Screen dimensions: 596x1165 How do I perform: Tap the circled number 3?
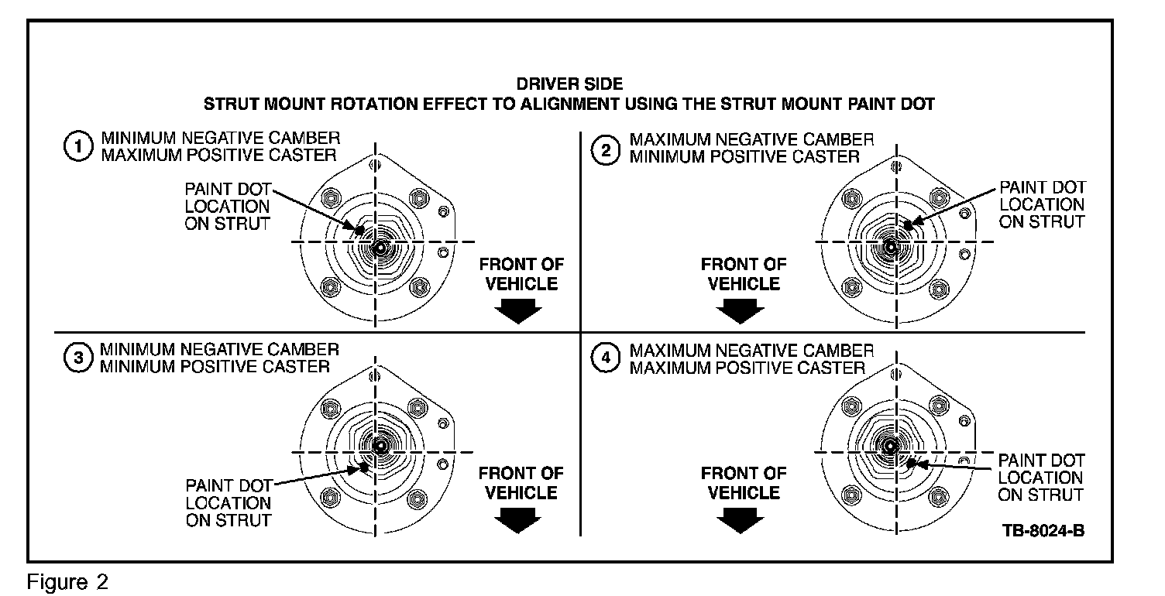click(x=76, y=358)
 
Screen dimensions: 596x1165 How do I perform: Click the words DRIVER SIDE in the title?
click(x=569, y=84)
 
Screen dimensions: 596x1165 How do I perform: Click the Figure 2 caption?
click(x=68, y=581)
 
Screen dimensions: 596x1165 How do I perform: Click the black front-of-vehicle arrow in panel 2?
click(x=740, y=310)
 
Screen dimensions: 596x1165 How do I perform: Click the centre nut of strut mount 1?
click(x=379, y=247)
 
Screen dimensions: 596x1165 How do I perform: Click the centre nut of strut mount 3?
click(x=380, y=446)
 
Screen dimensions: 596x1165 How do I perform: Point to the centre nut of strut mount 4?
click(x=889, y=446)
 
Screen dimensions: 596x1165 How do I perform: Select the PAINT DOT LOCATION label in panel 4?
click(x=1040, y=478)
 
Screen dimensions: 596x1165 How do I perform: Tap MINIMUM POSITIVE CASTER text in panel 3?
click(x=215, y=365)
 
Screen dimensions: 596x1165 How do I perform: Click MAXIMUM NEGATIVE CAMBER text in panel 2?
click(x=751, y=140)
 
